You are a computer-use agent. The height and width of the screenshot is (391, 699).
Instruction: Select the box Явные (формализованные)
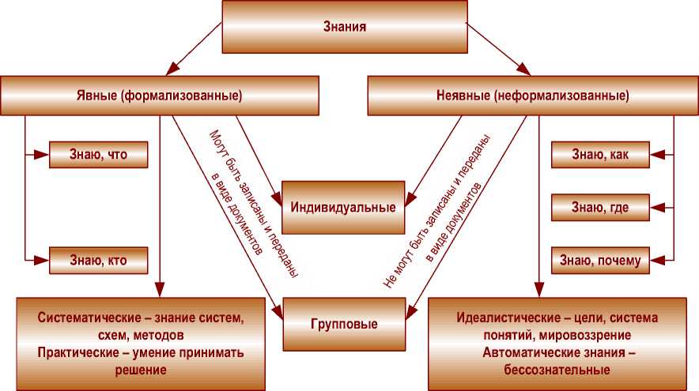(160, 96)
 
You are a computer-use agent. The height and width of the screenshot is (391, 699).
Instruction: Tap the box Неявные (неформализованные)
(533, 96)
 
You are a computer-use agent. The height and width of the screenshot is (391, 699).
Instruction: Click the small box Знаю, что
(99, 156)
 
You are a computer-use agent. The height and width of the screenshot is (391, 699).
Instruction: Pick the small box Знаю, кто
(99, 258)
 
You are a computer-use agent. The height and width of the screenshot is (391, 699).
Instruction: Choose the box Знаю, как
(600, 156)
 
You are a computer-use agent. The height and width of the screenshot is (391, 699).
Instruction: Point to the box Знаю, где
(600, 208)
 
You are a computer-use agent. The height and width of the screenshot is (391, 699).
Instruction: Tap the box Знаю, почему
(600, 258)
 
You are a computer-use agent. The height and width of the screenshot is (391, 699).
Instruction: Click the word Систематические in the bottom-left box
(84, 319)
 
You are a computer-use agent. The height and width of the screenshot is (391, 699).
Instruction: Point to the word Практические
(77, 352)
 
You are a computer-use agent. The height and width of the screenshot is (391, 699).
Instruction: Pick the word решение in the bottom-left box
(140, 369)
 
